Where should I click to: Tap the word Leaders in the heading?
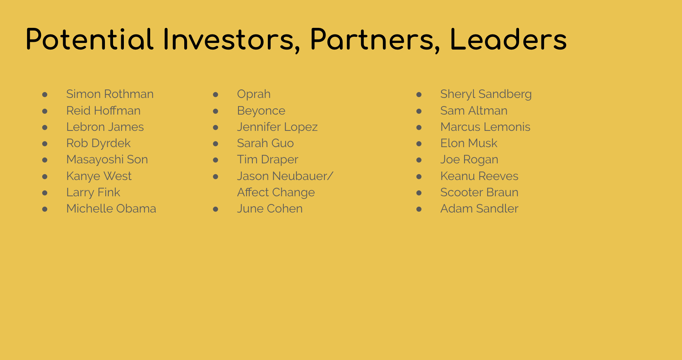tap(508, 39)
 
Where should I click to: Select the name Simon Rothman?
tap(110, 94)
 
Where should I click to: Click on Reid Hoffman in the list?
tap(103, 111)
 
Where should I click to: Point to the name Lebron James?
tap(105, 127)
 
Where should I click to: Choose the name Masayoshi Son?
tap(107, 160)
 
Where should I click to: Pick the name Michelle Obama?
tap(111, 209)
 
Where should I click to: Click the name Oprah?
tap(254, 94)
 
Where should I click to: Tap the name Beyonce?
tap(261, 111)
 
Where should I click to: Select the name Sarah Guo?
tap(266, 143)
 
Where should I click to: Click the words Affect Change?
tap(276, 192)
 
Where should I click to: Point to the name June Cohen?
tap(270, 209)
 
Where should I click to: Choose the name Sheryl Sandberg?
tap(486, 94)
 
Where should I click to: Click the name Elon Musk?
tap(469, 143)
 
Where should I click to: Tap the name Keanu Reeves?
tap(479, 176)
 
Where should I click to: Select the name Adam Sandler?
tap(479, 209)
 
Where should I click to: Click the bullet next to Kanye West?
tap(45, 177)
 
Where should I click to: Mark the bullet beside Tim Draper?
tap(216, 160)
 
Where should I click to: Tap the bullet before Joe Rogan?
tap(419, 160)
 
